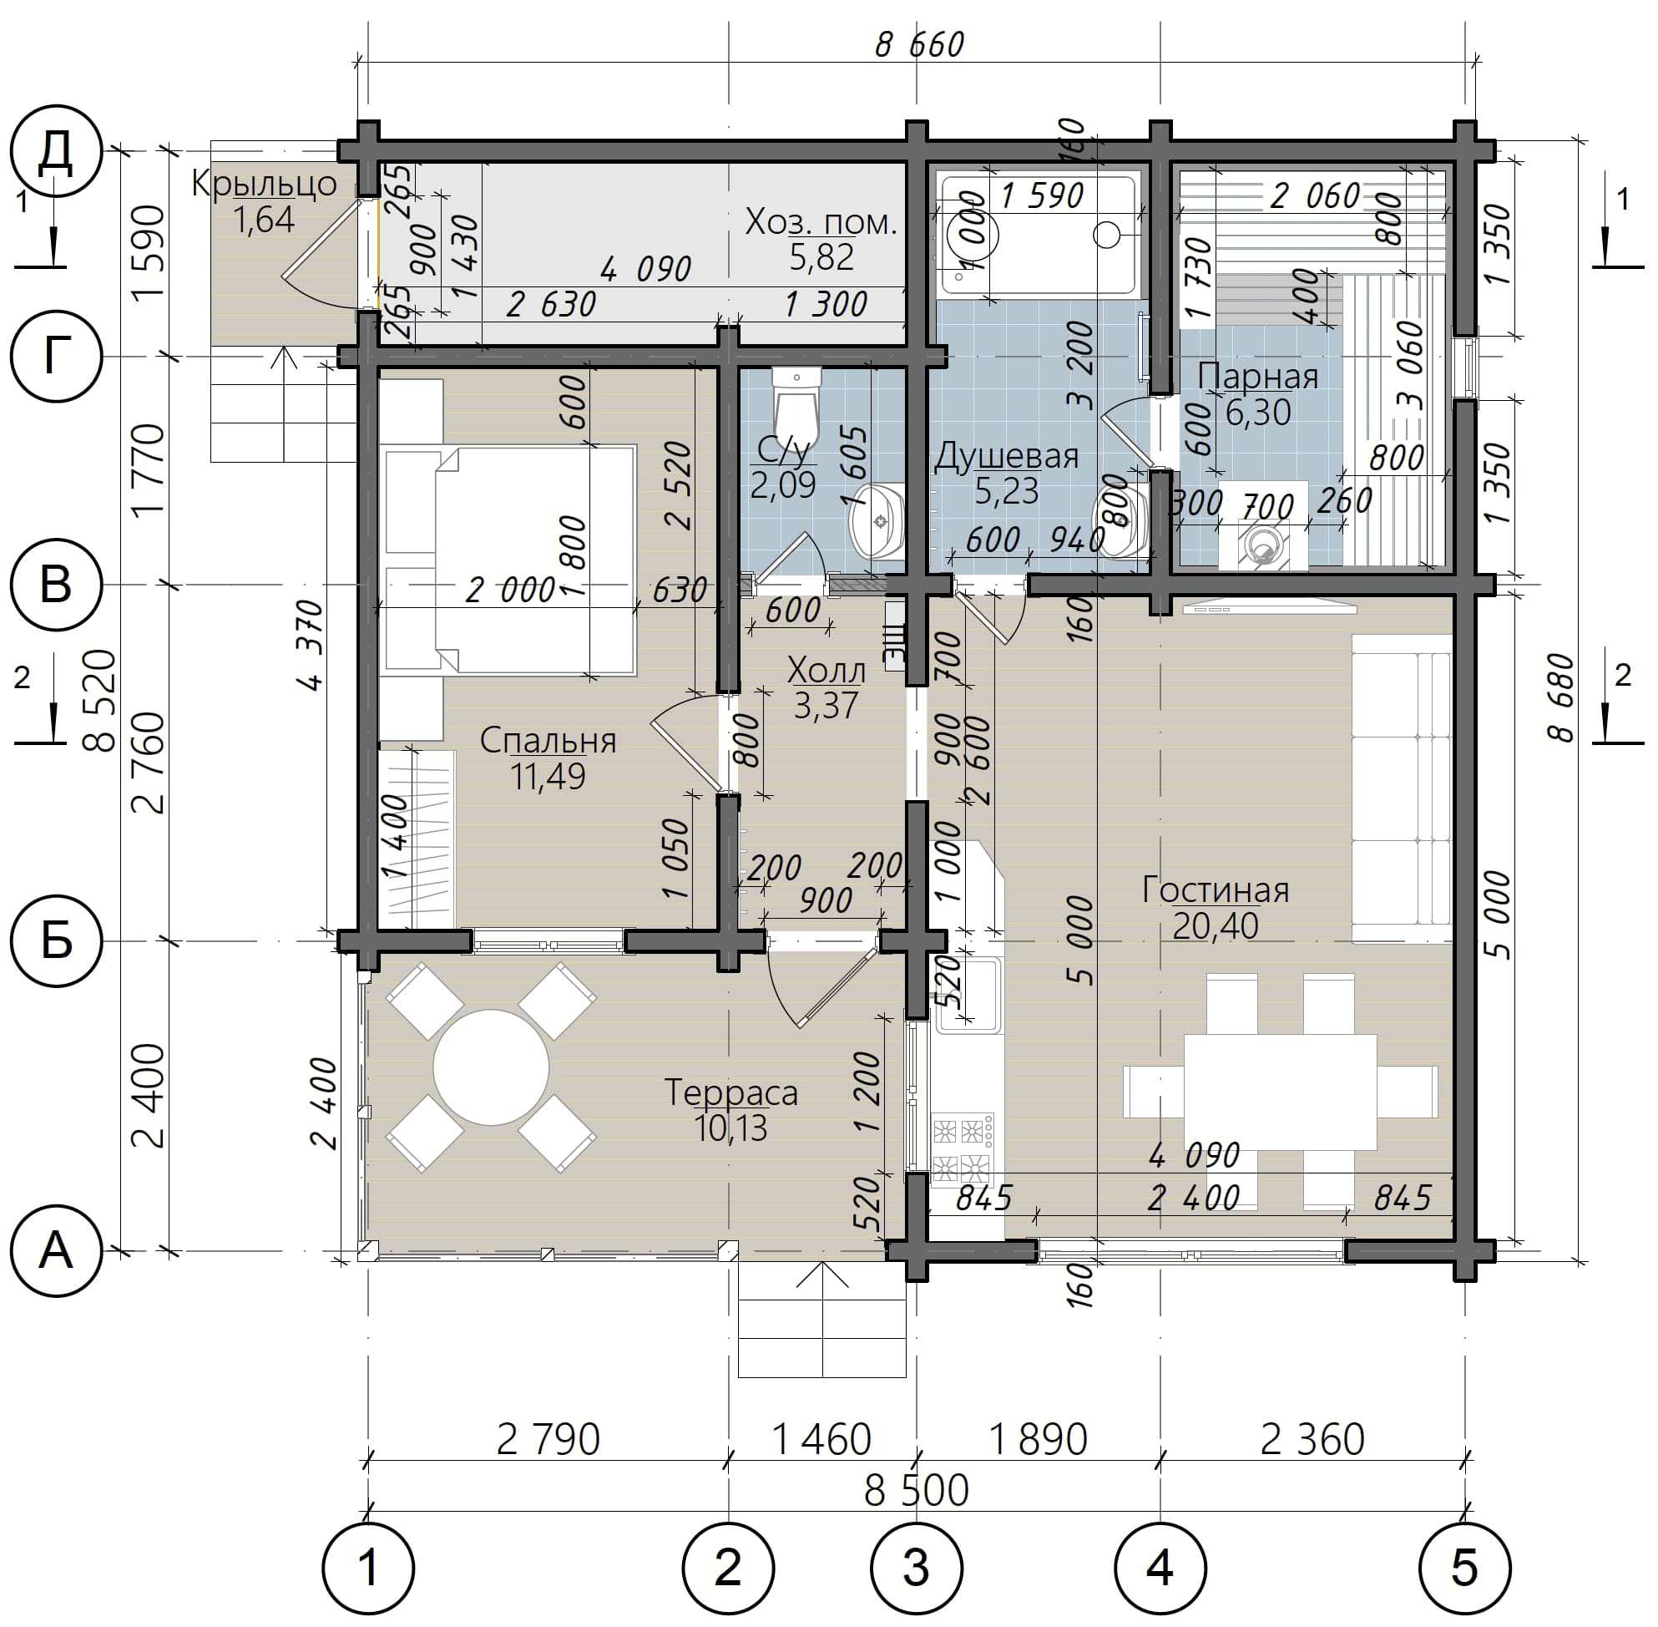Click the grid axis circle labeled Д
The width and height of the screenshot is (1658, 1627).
(x=57, y=152)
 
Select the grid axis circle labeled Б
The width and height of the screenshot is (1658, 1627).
(x=57, y=940)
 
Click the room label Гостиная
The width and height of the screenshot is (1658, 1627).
(x=1215, y=890)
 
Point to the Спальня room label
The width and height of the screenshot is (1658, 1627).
(x=548, y=740)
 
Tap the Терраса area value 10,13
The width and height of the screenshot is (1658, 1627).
(x=731, y=1129)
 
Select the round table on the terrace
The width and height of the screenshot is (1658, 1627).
(x=490, y=1067)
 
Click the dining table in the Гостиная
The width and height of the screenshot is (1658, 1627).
(x=1281, y=1092)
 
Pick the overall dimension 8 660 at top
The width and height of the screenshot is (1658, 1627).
(x=920, y=44)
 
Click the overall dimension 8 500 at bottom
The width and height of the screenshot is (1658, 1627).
(x=917, y=1489)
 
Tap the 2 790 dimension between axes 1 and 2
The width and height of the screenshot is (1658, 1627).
(x=548, y=1440)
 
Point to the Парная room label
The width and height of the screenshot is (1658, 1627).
(x=1257, y=376)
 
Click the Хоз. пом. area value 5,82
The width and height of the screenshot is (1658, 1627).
(x=821, y=257)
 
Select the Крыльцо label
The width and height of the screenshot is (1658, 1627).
(x=264, y=184)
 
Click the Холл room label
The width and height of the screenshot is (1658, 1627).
(x=826, y=670)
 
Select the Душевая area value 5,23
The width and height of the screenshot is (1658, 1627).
(x=1006, y=491)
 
